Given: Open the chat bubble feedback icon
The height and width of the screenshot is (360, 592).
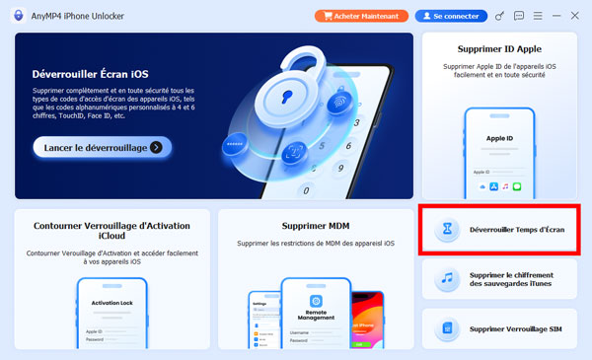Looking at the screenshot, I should (x=518, y=16).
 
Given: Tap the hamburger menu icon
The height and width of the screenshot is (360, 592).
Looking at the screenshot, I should (x=536, y=16).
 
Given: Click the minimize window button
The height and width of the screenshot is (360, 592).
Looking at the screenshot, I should (x=555, y=16).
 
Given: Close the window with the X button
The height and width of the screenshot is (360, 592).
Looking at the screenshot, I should (x=574, y=16).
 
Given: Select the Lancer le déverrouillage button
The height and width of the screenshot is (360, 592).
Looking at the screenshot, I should (x=102, y=147).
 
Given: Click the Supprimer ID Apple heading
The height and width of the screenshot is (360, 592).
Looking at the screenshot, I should (x=499, y=48).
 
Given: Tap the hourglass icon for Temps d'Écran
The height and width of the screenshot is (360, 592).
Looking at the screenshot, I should (x=448, y=229).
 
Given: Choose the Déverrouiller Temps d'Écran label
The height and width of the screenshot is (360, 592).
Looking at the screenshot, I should (x=517, y=229).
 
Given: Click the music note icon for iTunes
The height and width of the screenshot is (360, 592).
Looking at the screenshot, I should (x=448, y=278).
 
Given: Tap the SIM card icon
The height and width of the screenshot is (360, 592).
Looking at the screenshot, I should (x=448, y=328).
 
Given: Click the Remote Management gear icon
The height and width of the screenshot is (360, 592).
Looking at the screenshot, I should (x=316, y=299).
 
